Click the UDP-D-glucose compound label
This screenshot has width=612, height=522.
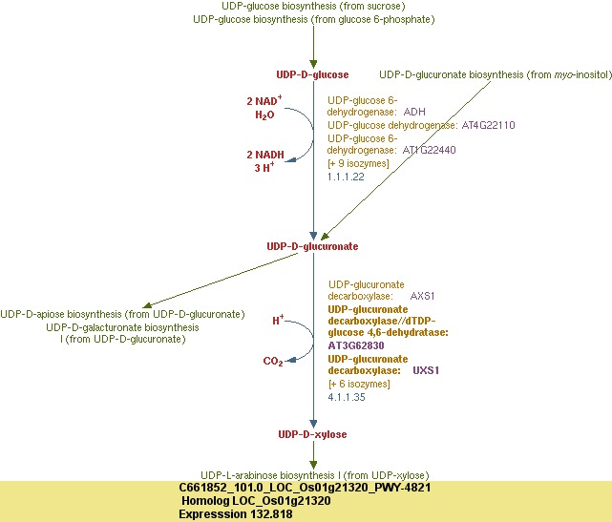tap(312, 74)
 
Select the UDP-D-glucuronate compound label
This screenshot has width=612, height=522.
tap(312, 246)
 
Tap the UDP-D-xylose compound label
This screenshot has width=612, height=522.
tap(312, 434)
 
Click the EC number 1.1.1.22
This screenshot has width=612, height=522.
tap(346, 177)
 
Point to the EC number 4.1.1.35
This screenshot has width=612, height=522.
tap(346, 396)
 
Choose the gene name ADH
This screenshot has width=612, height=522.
tap(415, 112)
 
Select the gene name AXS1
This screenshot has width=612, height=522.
tap(423, 297)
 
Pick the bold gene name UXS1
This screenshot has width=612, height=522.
tap(426, 369)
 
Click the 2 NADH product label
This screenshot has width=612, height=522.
tap(265, 154)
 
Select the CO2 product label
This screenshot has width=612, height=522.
tap(273, 362)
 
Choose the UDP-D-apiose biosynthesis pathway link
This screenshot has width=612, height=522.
tap(123, 314)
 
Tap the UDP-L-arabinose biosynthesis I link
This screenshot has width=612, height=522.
tap(314, 474)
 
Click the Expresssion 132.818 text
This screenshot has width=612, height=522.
tap(236, 513)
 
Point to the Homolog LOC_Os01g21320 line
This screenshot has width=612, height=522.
tap(256, 500)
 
